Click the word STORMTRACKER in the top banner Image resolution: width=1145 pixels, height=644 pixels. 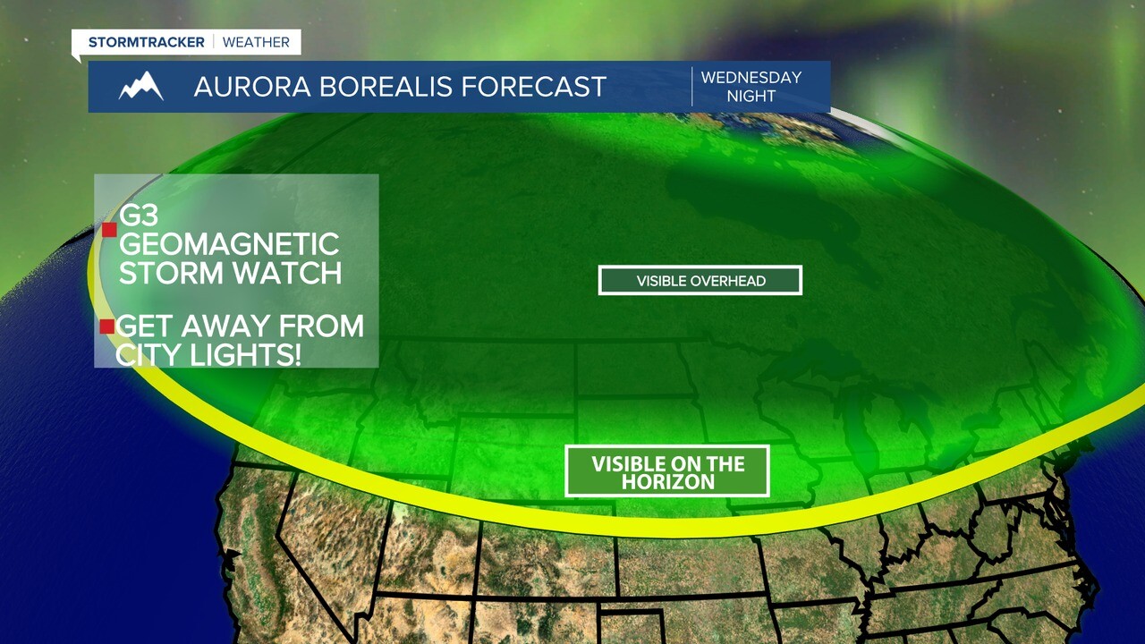pos(146,42)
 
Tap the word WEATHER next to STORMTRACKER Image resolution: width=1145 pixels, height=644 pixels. pos(256,42)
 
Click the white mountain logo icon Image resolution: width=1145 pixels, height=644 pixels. pos(140,87)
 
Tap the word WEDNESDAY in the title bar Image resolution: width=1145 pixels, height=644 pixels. pos(751,78)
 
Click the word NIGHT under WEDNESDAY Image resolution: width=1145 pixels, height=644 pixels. pos(751,96)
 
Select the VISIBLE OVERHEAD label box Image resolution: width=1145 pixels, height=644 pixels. pos(700,281)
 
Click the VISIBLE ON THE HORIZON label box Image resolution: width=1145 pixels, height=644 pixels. pos(667,471)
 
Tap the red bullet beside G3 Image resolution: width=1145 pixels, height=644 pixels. pos(109,230)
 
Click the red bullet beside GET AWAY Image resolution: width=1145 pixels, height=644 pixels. pos(107,326)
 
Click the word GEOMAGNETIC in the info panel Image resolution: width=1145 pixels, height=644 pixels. pos(229,244)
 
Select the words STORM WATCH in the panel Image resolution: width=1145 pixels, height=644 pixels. pos(230,272)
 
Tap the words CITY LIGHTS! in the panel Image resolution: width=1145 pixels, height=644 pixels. pos(208,354)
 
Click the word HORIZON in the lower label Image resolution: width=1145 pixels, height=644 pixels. pos(668,482)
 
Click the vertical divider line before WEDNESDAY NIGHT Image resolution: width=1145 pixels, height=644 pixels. pos(691,87)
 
